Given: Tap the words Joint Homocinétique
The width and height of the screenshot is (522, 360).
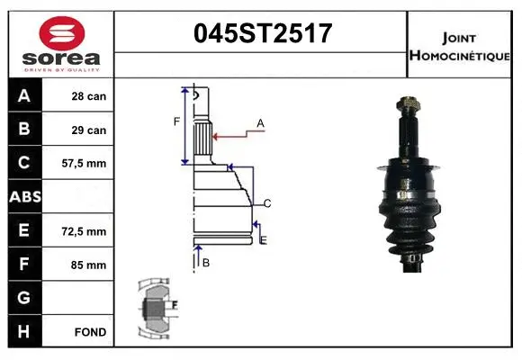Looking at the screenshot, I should coord(461,46).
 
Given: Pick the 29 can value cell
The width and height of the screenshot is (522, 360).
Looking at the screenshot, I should coord(89,130).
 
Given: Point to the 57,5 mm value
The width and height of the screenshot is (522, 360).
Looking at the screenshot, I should coord(88,164).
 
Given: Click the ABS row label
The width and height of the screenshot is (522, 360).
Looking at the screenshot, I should coord(24,197).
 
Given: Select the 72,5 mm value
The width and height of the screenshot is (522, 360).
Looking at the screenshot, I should coord(88,231).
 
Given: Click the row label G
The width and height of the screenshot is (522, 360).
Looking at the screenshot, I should coord(23,298).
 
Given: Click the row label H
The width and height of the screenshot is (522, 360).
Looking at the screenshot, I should coord(23,332).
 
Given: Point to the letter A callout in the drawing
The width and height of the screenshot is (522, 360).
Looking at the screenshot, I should coord(260,121).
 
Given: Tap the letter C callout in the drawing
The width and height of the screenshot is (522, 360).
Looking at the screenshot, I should coord(267,202).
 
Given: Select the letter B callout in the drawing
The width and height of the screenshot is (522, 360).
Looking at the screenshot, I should coord(206,262).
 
